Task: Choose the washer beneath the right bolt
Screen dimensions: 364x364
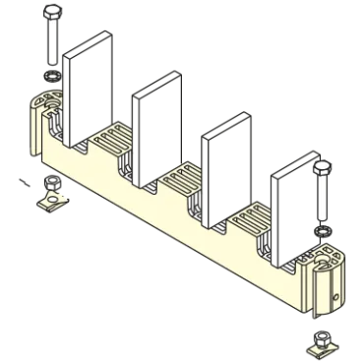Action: [x=322, y=227]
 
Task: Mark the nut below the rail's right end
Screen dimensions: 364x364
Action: [x=319, y=344]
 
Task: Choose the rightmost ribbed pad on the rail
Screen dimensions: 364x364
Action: [x=251, y=219]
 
